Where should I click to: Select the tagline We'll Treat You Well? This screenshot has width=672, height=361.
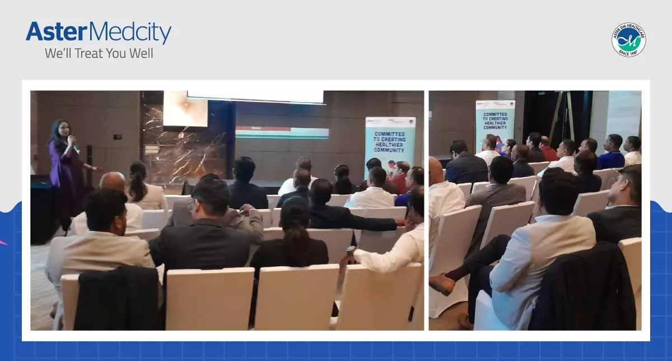[x=99, y=54]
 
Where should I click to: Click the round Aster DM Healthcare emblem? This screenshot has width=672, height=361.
[x=628, y=40]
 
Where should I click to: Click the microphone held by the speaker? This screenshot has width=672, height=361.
[x=73, y=142]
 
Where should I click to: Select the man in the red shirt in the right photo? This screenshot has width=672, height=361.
[x=548, y=149]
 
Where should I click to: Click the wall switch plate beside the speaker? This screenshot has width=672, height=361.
[x=118, y=136]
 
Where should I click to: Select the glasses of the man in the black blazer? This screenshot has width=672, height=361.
[x=194, y=205]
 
